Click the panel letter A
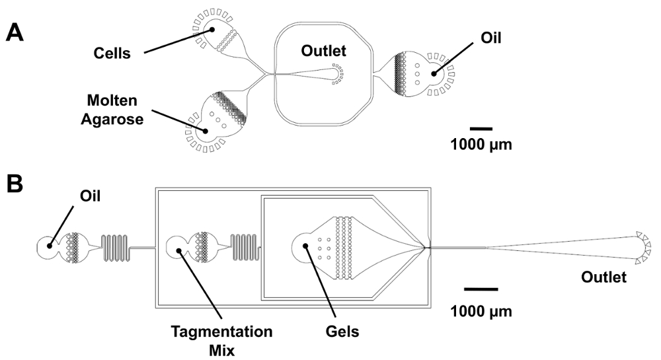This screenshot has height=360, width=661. (x=15, y=32)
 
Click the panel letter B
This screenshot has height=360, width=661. (x=15, y=184)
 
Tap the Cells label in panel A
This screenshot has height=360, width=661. (x=112, y=54)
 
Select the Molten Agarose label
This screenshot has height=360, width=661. (x=112, y=110)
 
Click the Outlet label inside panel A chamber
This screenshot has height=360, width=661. (x=323, y=51)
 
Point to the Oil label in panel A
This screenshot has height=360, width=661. (x=491, y=38)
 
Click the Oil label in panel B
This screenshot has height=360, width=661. (x=90, y=196)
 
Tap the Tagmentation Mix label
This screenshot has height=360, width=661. (x=221, y=341)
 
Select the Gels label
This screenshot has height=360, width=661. (x=342, y=332)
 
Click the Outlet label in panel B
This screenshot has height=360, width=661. (x=603, y=277)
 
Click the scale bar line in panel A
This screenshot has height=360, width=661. (x=481, y=128)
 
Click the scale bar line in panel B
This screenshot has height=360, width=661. (x=481, y=289)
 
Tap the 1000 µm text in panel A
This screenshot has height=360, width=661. (x=481, y=145)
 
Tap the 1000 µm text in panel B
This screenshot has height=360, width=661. (x=481, y=312)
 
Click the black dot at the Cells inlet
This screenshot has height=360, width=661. (x=212, y=30)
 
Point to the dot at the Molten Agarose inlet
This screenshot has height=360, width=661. (x=206, y=131)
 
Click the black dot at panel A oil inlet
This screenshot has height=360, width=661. (x=434, y=74)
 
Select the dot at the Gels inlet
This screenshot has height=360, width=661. (x=305, y=246)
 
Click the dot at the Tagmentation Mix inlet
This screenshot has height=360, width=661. (x=179, y=250)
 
